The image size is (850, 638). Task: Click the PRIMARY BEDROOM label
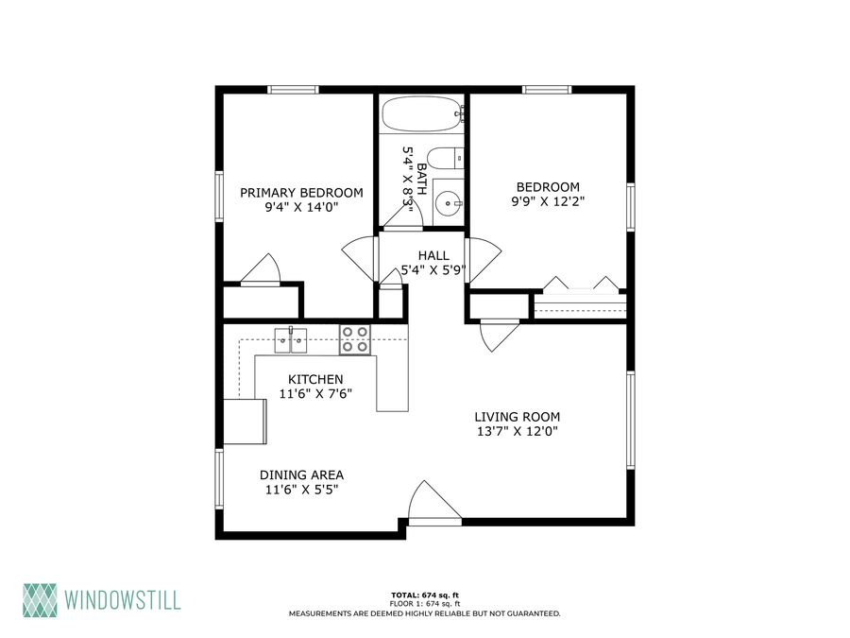301,193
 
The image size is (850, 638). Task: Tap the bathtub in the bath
421,114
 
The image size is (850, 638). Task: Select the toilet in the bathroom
445,158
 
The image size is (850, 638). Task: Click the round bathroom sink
449,203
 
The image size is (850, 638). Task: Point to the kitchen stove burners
355,339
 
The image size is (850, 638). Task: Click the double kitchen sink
291,340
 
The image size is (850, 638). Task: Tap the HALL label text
433,255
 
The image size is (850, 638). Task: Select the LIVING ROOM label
518,417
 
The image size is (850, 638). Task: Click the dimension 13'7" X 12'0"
518,431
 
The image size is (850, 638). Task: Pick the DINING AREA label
301,474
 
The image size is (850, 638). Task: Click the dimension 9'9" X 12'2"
548,201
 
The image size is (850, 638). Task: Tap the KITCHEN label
315,379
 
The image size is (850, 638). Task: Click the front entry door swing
434,502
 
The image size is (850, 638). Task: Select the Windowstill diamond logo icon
40,600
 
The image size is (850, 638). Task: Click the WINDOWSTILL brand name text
123,600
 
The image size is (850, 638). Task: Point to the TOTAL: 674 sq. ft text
425,595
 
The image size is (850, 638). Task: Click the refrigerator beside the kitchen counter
245,422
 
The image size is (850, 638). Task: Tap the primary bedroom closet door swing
261,269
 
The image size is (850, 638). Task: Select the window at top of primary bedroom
293,90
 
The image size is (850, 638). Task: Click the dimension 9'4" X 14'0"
301,207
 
